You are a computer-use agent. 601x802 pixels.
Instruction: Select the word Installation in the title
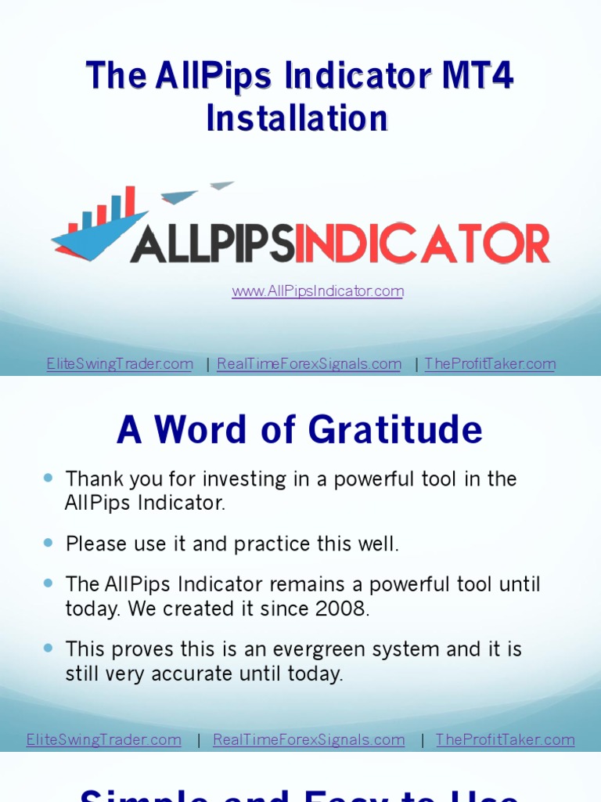click(x=297, y=118)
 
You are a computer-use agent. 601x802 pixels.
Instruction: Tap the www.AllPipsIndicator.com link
click(x=318, y=291)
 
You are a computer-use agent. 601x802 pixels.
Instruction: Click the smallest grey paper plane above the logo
click(x=221, y=186)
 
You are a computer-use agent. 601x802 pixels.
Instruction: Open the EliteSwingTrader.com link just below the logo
click(x=120, y=364)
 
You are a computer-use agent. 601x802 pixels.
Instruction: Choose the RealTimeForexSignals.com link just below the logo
click(x=309, y=364)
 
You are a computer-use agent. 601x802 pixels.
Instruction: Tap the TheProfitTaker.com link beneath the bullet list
click(x=505, y=739)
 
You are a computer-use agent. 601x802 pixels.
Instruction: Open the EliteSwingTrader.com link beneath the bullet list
click(x=104, y=739)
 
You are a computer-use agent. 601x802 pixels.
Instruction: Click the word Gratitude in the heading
click(x=395, y=430)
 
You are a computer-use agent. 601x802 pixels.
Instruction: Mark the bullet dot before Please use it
click(x=49, y=542)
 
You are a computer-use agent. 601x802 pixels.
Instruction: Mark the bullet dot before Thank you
click(x=49, y=477)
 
